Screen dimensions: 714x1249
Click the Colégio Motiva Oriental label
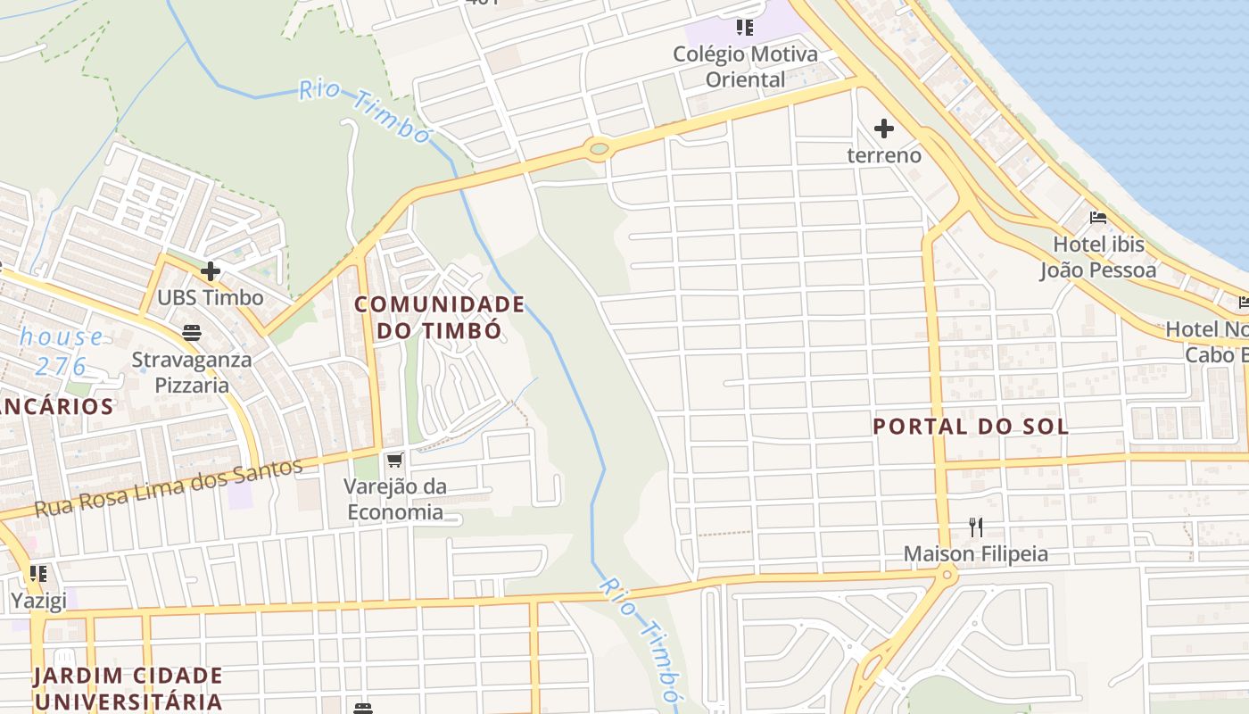point(745,67)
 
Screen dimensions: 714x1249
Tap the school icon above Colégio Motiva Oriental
point(745,28)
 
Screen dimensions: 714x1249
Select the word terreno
point(884,155)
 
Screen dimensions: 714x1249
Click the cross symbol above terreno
point(884,129)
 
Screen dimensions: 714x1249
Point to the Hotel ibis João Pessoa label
point(1097,257)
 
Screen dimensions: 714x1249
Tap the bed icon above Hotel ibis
point(1098,218)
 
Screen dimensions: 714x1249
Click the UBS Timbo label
point(211,297)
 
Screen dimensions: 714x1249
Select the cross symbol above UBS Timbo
point(211,270)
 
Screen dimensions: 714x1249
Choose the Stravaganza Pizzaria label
point(192,373)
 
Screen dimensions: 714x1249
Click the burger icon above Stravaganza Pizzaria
point(192,334)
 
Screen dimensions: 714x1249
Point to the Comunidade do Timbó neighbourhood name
point(439,317)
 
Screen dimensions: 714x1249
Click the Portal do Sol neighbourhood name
point(970,427)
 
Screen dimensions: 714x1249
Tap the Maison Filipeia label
point(976,554)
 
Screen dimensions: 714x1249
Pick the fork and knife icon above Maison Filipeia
point(976,527)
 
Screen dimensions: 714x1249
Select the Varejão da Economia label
point(395,499)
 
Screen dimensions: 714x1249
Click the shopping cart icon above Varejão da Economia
point(395,461)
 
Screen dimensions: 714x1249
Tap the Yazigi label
point(38,601)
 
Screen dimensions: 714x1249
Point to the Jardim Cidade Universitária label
point(128,687)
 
